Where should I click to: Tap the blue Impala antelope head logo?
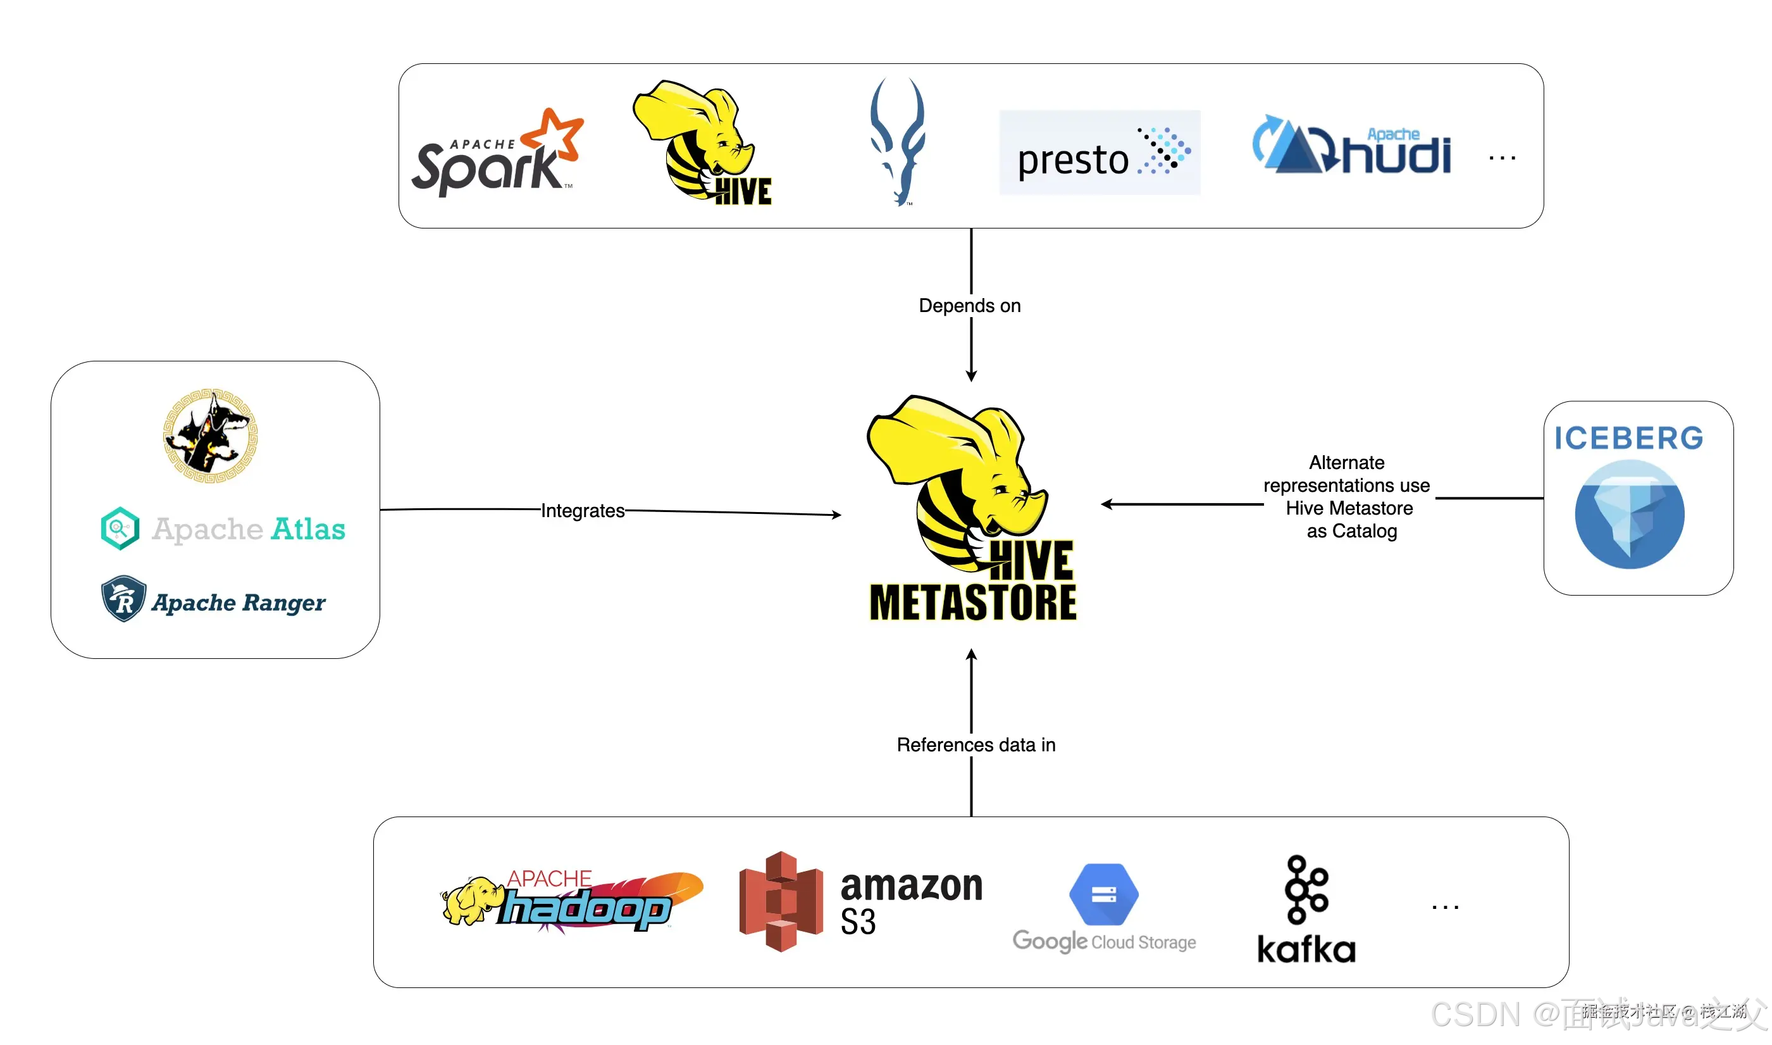(896, 141)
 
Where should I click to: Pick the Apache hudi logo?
(1351, 146)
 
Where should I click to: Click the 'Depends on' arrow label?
(969, 306)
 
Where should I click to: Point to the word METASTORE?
(972, 603)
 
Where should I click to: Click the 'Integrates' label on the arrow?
(582, 511)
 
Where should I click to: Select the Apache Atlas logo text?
(249, 529)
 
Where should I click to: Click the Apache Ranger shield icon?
(123, 599)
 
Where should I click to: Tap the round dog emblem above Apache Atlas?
(209, 435)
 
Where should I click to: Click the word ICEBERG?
(1628, 438)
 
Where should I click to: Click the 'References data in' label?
(976, 745)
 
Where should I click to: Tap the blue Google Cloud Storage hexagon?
(1103, 894)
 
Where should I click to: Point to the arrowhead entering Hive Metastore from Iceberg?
(1107, 504)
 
